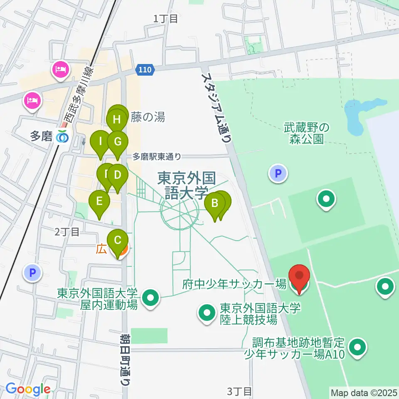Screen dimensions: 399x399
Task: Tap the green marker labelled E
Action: click(x=99, y=202)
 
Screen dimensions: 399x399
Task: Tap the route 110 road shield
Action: click(x=145, y=70)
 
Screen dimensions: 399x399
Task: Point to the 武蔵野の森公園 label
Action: click(x=307, y=133)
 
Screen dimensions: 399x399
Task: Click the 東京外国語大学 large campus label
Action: click(x=186, y=186)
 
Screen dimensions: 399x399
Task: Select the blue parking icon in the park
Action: click(x=278, y=173)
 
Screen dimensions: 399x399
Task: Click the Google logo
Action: click(x=27, y=389)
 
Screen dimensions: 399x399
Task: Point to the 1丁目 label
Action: click(x=165, y=18)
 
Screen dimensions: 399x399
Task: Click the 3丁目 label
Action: click(x=239, y=391)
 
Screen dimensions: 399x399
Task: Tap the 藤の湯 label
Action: click(x=148, y=118)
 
